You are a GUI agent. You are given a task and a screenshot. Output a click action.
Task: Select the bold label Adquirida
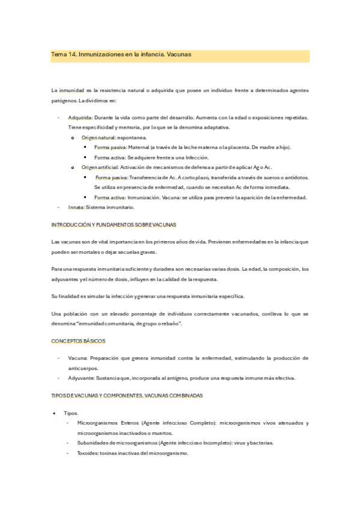(80, 117)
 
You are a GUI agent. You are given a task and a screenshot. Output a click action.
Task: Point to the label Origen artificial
(101, 167)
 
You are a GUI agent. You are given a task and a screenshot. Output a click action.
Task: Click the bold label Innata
(76, 207)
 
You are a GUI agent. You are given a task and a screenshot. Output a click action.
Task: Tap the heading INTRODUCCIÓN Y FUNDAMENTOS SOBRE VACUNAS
(114, 224)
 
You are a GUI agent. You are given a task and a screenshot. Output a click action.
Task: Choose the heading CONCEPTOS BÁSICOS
(79, 341)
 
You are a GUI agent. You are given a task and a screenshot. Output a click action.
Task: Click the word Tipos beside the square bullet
(71, 413)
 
